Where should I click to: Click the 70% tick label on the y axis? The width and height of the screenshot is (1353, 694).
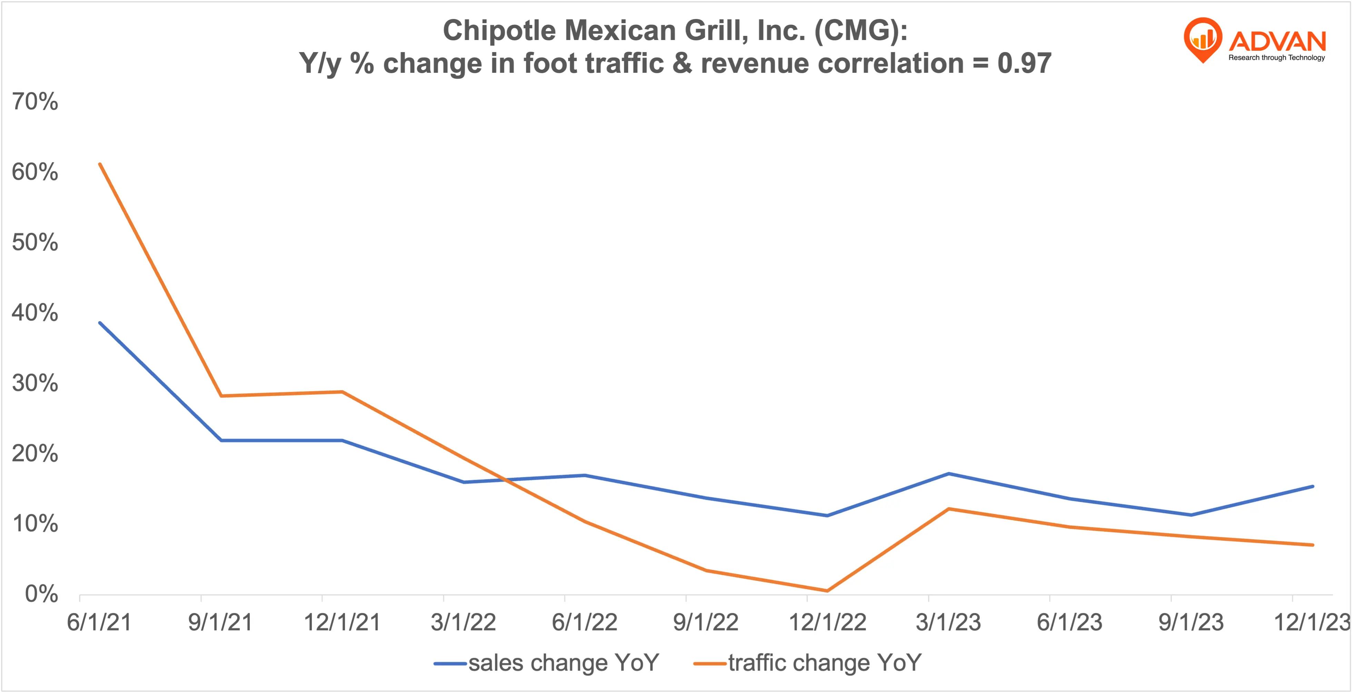(x=35, y=101)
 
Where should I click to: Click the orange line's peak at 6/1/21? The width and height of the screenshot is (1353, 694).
(x=100, y=164)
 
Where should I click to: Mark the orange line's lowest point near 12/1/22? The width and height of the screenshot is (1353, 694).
(x=827, y=591)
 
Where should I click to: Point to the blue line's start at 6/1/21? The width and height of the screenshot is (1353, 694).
(x=100, y=323)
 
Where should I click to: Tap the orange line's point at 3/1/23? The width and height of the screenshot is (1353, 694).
(x=948, y=508)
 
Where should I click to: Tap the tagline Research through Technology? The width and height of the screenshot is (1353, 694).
(x=1276, y=58)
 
